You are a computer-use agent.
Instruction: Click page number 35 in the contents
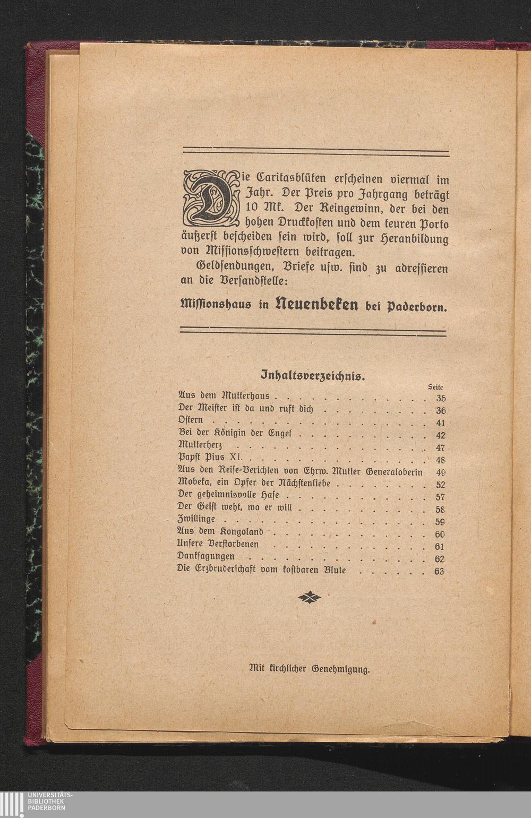point(441,399)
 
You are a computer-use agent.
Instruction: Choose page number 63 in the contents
point(439,572)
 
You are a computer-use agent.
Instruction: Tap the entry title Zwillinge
point(196,519)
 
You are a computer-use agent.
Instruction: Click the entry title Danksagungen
point(205,556)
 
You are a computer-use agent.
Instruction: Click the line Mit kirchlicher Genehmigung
point(310,669)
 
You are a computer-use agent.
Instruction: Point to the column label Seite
point(435,388)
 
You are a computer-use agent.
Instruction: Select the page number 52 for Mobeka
point(440,485)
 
